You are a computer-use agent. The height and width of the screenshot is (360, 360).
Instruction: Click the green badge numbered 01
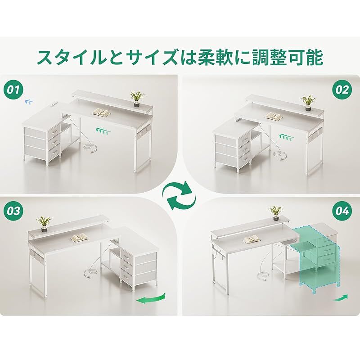pyautogui.click(x=13, y=90)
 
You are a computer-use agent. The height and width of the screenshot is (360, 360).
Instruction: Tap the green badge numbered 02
pyautogui.click(x=342, y=90)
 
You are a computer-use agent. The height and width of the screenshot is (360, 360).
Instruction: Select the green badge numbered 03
pyautogui.click(x=13, y=211)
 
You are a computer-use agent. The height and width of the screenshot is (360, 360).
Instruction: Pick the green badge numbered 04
pyautogui.click(x=342, y=211)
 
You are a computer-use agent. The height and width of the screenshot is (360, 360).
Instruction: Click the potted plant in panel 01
pyautogui.click(x=137, y=99)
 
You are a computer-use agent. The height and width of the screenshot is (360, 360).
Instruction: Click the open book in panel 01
pyautogui.click(x=101, y=112)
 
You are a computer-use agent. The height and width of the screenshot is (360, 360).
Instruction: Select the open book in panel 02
pyautogui.click(x=274, y=116)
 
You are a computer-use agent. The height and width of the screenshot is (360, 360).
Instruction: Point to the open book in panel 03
pyautogui.click(x=80, y=238)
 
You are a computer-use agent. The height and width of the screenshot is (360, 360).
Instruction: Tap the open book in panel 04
pyautogui.click(x=252, y=239)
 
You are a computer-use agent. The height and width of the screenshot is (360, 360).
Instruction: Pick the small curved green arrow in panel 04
pyautogui.click(x=340, y=297)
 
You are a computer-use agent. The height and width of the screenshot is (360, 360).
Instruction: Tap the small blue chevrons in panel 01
pyautogui.click(x=29, y=102)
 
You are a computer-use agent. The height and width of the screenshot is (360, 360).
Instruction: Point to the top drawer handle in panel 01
pyautogui.click(x=54, y=131)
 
